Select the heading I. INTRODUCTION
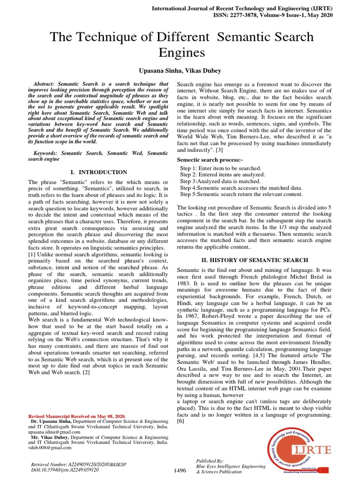pos(98,172)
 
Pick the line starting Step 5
pos(241,194)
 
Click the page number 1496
pos(180,470)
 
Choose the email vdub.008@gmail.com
pos(51,448)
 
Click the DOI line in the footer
pos(65,469)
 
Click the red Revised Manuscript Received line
pos(77,416)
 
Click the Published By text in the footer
pos(210,461)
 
